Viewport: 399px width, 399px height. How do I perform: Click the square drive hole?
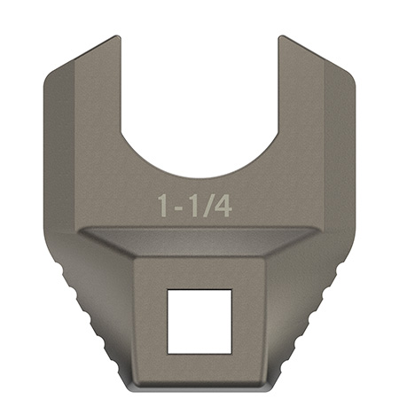[x=199, y=313]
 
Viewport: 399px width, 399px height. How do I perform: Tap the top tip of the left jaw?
[x=116, y=38]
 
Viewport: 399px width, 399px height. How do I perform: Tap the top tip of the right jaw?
[x=282, y=38]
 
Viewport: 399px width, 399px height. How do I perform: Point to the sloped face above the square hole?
[x=199, y=242]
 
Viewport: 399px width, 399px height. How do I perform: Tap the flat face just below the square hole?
[x=199, y=364]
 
